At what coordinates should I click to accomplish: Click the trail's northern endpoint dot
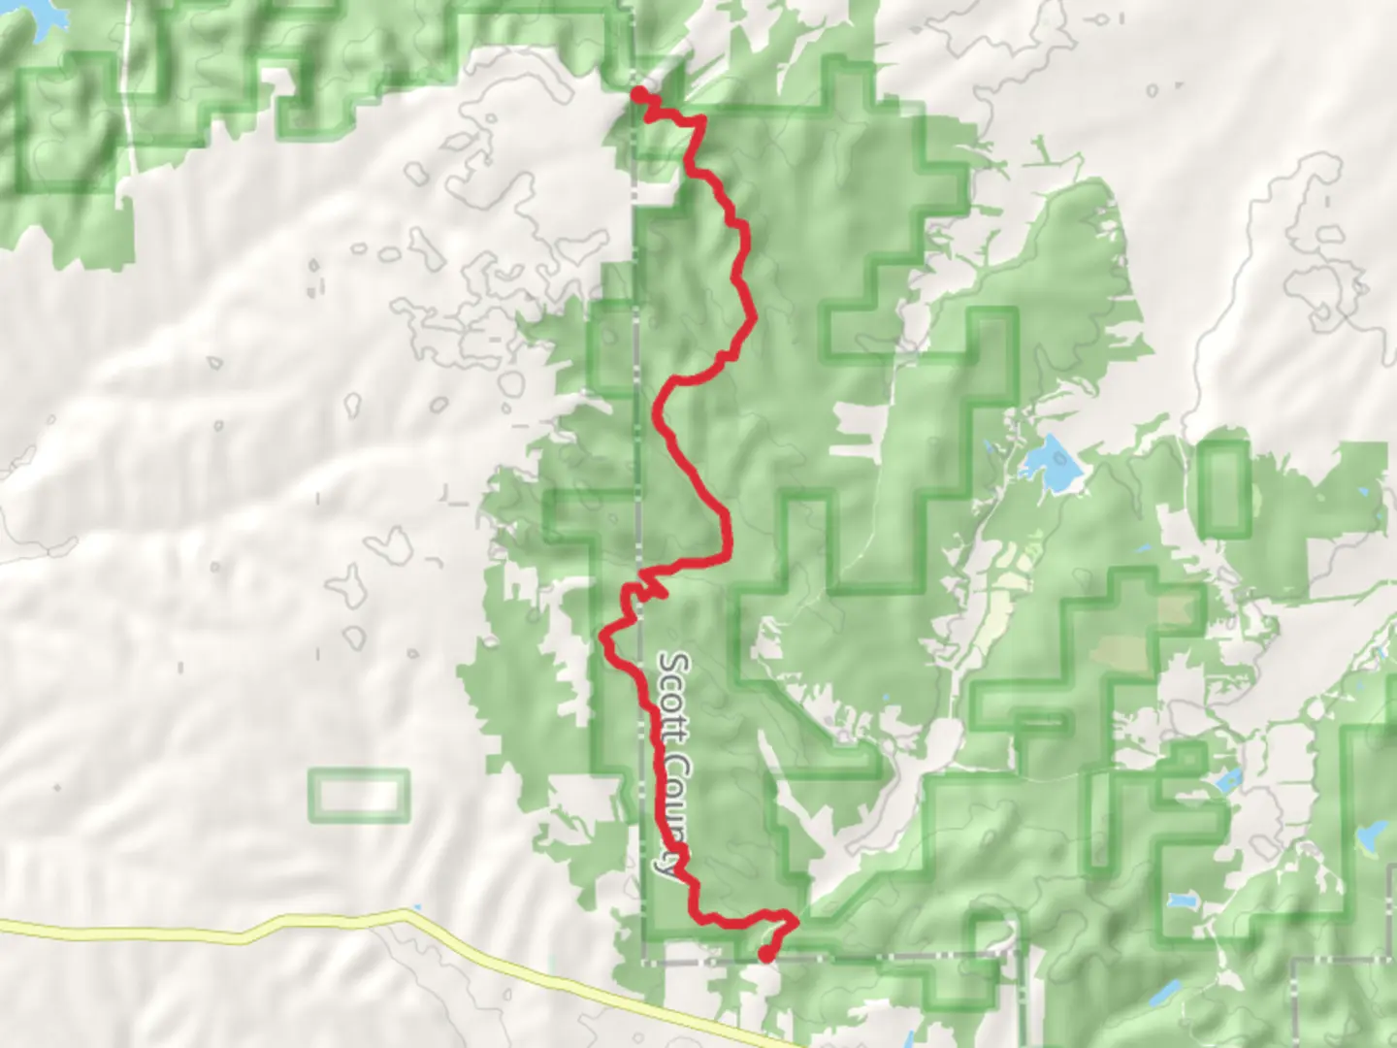(x=640, y=93)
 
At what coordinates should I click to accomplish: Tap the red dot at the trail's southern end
(x=766, y=955)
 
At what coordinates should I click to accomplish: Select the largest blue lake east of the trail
(x=1050, y=464)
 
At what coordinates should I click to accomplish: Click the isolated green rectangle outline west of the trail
(x=359, y=796)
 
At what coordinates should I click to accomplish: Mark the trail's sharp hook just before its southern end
(x=794, y=918)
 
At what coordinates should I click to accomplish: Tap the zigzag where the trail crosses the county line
(x=646, y=588)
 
